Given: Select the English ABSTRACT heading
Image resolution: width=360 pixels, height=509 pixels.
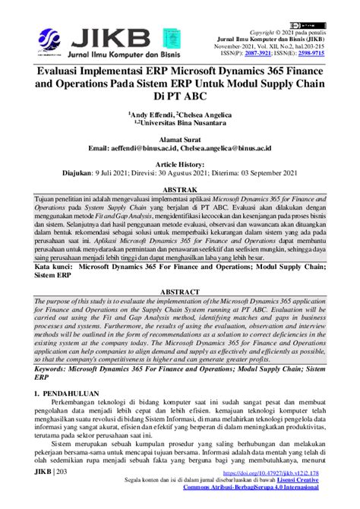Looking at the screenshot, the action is (180, 292).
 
